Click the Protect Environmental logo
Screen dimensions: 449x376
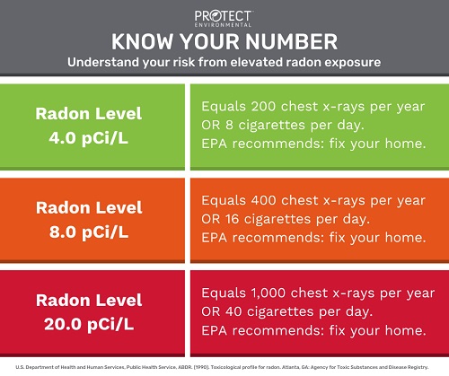tap(224, 19)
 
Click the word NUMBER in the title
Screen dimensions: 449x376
tap(293, 41)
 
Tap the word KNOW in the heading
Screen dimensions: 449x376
tap(142, 41)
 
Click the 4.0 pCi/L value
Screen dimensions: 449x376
tap(89, 138)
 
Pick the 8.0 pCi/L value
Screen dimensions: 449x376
tap(89, 232)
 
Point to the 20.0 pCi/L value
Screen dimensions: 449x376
tap(89, 324)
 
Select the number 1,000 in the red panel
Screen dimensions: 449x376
tap(269, 293)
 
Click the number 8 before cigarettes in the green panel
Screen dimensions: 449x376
tap(229, 125)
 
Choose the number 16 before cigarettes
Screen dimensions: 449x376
tap(233, 219)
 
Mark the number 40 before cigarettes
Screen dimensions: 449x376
tap(233, 311)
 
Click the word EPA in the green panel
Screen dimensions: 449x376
tap(214, 144)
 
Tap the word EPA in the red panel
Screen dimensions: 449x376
tap(214, 330)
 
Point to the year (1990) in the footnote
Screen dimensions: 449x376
tap(202, 367)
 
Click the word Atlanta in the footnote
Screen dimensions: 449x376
tap(289, 367)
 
